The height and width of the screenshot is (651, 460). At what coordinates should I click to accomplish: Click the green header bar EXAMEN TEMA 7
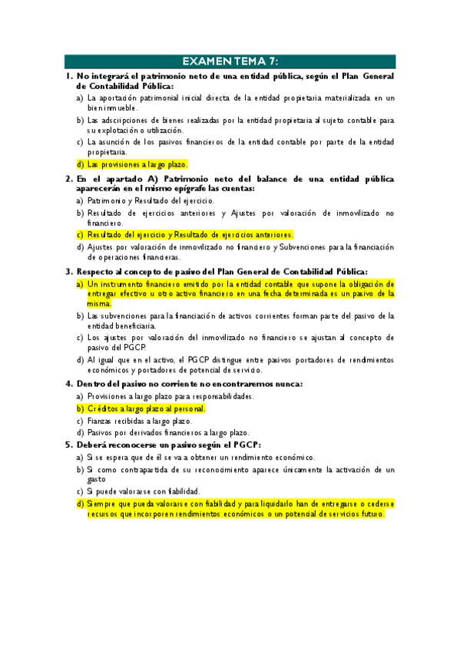pos(230,61)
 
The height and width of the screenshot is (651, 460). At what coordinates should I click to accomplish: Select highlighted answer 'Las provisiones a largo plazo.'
pos(137,164)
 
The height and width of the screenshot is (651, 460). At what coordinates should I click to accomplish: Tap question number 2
pos(68,178)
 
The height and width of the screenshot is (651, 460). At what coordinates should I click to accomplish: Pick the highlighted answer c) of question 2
pos(190,234)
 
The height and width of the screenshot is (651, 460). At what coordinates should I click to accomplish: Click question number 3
pos(68,271)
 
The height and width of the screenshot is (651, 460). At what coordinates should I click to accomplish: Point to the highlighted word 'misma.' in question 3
pos(99,303)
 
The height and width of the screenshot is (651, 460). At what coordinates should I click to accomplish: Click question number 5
pos(68,444)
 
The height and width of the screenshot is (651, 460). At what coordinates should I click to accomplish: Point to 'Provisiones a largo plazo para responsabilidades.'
pos(170,396)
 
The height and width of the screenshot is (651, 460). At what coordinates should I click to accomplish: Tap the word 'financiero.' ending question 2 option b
pos(107,223)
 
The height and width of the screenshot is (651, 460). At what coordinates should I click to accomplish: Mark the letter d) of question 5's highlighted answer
pos(80,504)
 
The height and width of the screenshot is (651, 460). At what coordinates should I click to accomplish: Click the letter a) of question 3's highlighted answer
pos(80,283)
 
